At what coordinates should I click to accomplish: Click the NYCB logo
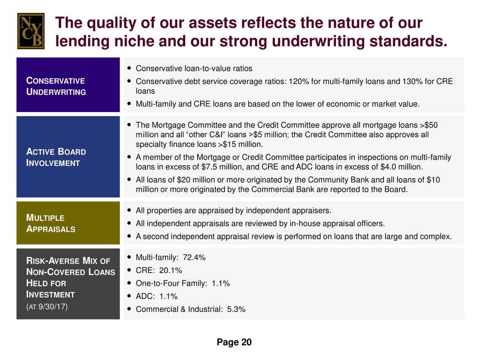(31, 31)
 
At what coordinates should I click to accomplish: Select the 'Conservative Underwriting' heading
(56, 86)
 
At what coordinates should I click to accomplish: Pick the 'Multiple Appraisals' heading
(51, 223)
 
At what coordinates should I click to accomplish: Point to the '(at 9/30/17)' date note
(47, 307)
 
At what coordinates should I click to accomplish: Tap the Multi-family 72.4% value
(194, 258)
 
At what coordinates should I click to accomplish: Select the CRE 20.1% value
(171, 270)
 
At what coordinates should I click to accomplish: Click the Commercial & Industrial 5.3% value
(236, 309)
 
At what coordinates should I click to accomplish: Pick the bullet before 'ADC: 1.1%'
(129, 296)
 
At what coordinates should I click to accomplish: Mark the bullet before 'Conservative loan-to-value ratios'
(129, 68)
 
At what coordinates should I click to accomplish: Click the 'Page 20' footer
(234, 342)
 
